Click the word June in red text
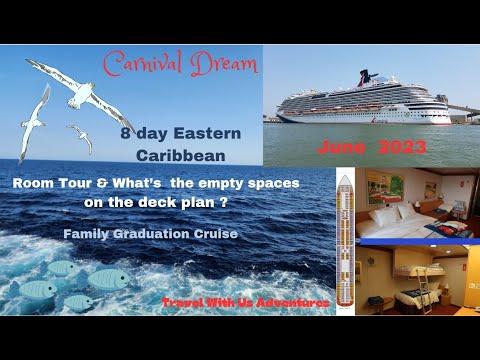click(340, 147)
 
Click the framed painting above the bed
click(385, 189)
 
